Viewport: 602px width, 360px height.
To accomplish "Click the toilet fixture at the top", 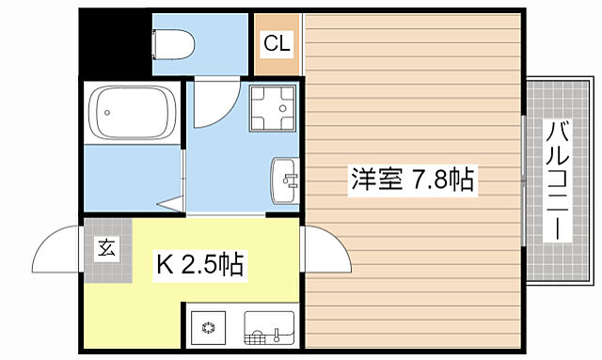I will [x=173, y=43].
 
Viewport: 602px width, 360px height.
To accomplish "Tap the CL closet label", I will [x=276, y=42].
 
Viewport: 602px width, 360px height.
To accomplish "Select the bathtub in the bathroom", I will [x=131, y=113].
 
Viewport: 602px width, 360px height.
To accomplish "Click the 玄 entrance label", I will [x=106, y=249].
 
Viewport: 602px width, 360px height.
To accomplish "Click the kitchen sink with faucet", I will [x=269, y=329].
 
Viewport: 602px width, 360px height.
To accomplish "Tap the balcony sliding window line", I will [x=524, y=179].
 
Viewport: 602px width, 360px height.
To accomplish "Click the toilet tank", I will [x=157, y=43].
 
